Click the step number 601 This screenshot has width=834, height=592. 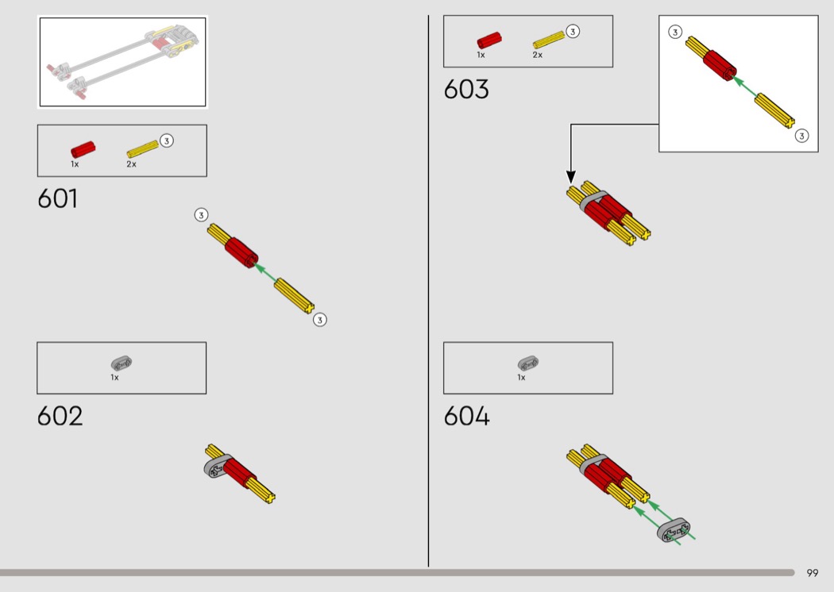point(57,198)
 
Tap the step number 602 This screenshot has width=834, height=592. point(60,416)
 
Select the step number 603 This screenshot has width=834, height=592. point(466,89)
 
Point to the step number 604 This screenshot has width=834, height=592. point(466,416)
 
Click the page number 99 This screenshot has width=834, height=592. point(813,573)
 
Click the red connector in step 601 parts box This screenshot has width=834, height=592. point(83,149)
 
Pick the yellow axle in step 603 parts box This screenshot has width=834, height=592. point(548,40)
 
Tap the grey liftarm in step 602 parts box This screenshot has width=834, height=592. point(122,363)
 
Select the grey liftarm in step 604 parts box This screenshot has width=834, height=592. point(528,363)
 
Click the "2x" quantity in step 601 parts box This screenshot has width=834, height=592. point(131,164)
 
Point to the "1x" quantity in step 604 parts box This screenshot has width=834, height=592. point(521,377)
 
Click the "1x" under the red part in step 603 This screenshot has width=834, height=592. point(481,55)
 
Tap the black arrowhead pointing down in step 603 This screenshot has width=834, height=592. point(571,177)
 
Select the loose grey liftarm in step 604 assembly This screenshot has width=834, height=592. point(674,530)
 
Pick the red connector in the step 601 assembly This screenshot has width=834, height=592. point(241,252)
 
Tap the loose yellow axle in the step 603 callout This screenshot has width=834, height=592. point(775,110)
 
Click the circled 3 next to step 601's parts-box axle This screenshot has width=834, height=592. point(167,140)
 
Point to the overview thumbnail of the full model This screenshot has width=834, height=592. point(123,62)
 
